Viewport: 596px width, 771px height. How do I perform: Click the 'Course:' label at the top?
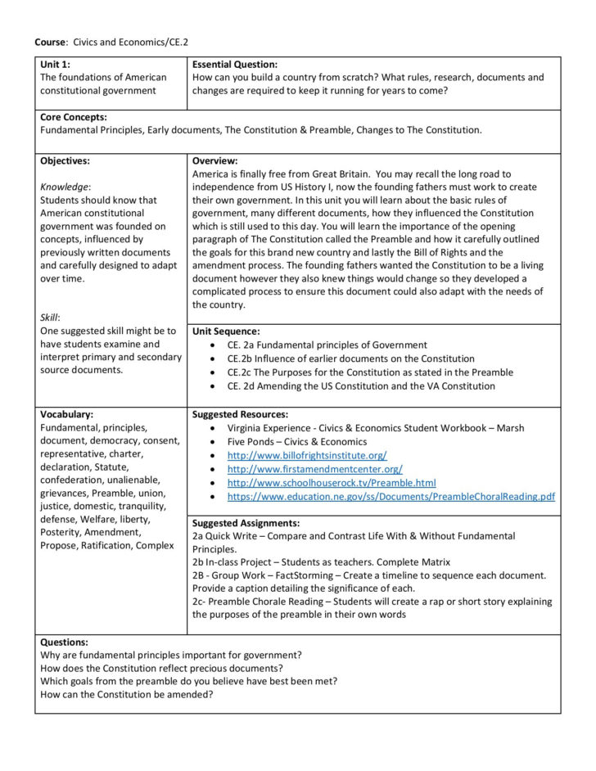coord(51,41)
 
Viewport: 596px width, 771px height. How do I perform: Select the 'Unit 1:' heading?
coord(56,64)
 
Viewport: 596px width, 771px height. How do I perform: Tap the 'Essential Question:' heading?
coord(235,64)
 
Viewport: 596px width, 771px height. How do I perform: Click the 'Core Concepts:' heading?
coord(73,117)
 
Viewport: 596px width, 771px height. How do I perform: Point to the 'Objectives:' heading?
coord(65,160)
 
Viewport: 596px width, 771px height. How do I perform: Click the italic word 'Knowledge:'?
coord(65,187)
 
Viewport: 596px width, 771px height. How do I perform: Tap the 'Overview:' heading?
coord(214,160)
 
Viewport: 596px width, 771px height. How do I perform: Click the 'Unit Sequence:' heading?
coord(225,331)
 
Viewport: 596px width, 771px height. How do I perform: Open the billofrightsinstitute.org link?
coord(307,455)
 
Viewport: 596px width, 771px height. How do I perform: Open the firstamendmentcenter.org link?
coord(314,469)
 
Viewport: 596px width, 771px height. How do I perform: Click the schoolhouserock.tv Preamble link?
coord(332,483)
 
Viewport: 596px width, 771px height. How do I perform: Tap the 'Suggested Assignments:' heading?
coord(246,522)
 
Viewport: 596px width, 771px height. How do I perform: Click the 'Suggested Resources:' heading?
coord(240,414)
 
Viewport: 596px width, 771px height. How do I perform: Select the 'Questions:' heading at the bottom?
coord(64,642)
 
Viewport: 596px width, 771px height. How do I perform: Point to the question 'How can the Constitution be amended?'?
coord(127,694)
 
